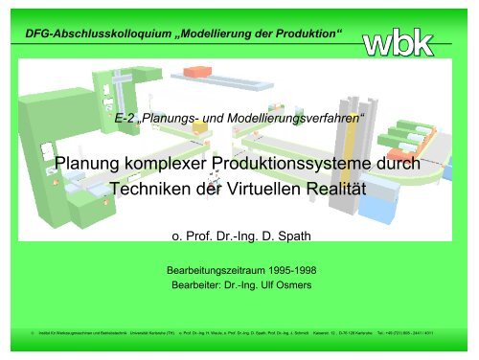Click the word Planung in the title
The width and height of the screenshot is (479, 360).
87,164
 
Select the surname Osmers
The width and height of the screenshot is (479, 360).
291,284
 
